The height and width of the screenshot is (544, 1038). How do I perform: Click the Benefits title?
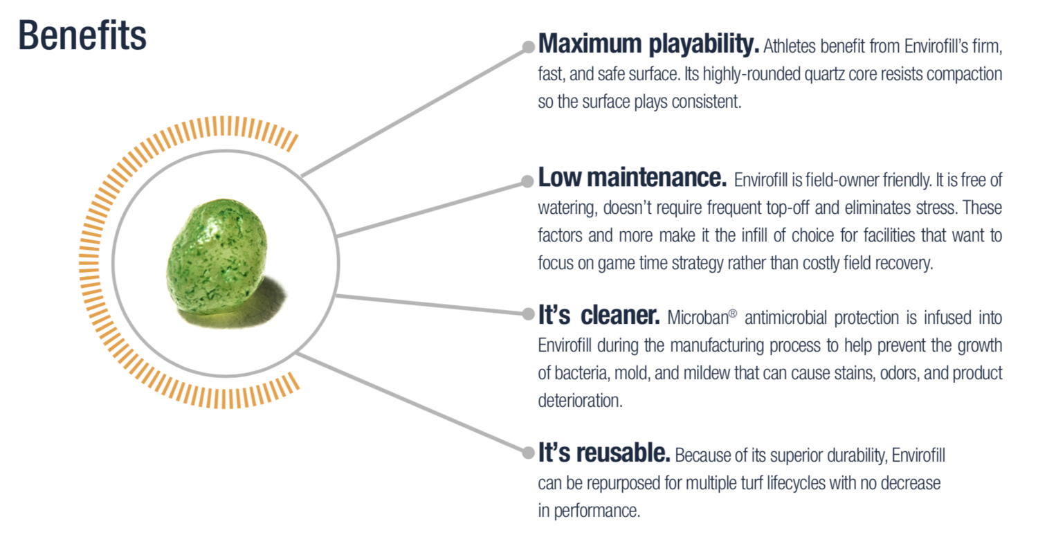[82, 36]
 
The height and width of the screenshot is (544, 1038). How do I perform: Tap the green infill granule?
[217, 259]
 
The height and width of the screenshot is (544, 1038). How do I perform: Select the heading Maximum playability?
[648, 44]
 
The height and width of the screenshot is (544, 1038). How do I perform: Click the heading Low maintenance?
[632, 178]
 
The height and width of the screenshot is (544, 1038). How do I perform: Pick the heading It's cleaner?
[599, 315]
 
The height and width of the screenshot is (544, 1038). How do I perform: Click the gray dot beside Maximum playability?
[528, 47]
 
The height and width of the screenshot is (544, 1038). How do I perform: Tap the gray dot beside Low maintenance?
[527, 181]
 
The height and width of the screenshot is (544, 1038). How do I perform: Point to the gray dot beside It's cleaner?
[528, 314]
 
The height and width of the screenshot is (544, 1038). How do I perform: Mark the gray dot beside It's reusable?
[528, 452]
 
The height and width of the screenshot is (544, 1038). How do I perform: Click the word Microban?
[698, 318]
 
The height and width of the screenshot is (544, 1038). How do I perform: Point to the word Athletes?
[790, 46]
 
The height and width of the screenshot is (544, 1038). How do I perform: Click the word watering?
[567, 208]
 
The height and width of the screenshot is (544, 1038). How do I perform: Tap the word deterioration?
[580, 401]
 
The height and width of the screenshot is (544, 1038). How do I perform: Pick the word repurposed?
[623, 484]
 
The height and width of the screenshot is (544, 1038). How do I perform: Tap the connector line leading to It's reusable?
[412, 403]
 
